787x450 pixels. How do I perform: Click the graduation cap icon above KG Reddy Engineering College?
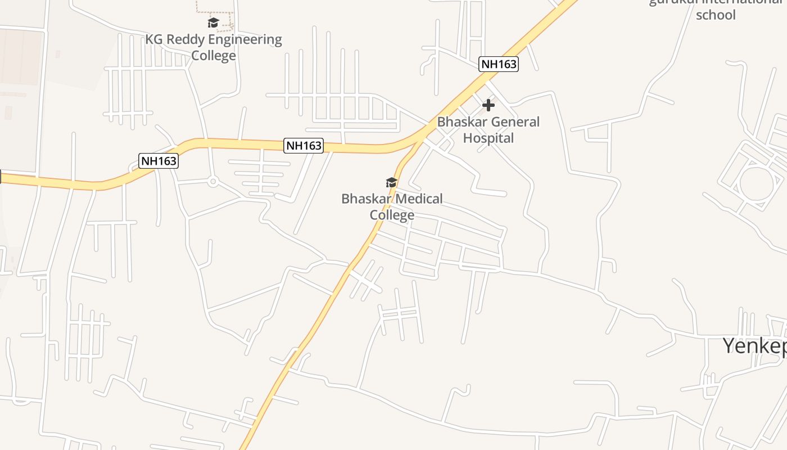pos(213,22)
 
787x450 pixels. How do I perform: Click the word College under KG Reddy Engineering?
pos(213,56)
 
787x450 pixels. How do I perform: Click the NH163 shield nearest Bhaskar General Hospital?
pos(499,64)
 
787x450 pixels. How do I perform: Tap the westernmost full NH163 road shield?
pos(159,161)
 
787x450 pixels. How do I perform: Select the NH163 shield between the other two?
pos(304,146)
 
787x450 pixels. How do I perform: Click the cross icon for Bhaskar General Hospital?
pos(489,105)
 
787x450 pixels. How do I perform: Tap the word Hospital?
pos(489,138)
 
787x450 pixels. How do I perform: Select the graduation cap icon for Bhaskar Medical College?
pos(391,182)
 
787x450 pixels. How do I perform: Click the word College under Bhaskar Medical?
pos(392,215)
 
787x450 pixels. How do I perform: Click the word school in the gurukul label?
pos(716,15)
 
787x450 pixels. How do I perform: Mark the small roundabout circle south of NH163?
pos(213,182)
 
